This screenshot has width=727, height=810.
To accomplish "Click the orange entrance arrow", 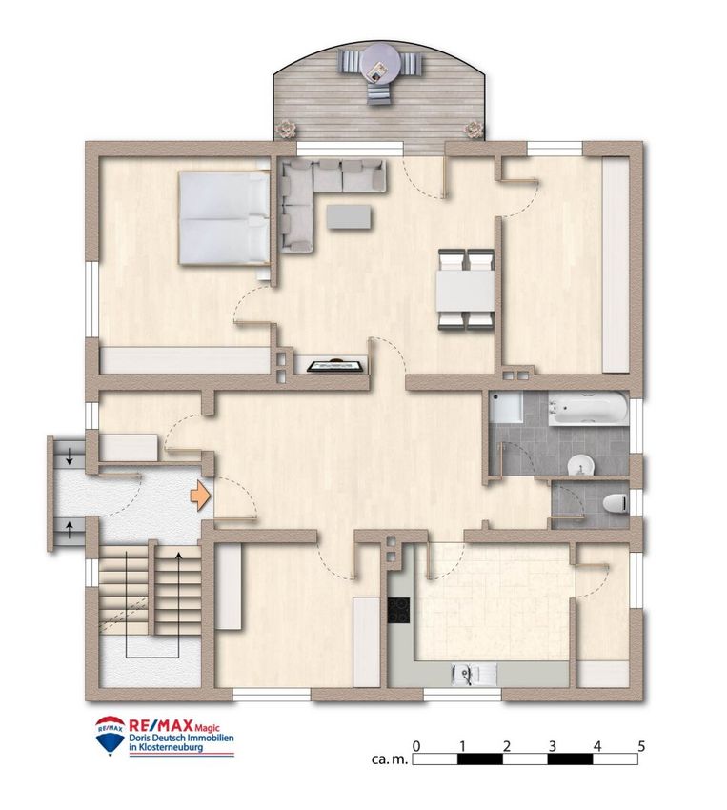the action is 201,496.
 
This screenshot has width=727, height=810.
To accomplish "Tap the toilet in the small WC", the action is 615,501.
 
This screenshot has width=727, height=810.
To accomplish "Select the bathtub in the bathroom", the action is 588,409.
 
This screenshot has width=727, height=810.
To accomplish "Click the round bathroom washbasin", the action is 581,465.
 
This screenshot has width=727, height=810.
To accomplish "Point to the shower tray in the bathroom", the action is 507,407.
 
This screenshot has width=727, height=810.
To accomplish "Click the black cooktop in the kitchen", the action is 398,611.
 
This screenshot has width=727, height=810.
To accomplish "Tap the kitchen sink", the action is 474,674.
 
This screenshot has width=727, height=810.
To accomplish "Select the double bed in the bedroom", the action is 224,218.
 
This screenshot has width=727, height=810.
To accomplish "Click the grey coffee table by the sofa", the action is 349,216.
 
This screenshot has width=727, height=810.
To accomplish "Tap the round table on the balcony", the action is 380,66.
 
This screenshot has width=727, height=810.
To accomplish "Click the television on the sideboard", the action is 335,365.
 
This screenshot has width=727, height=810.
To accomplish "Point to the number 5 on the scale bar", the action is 641,746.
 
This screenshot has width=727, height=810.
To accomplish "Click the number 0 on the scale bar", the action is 416,746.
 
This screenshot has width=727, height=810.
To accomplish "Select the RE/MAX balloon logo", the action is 110,735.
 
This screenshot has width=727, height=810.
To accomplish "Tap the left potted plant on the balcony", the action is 285,129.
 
